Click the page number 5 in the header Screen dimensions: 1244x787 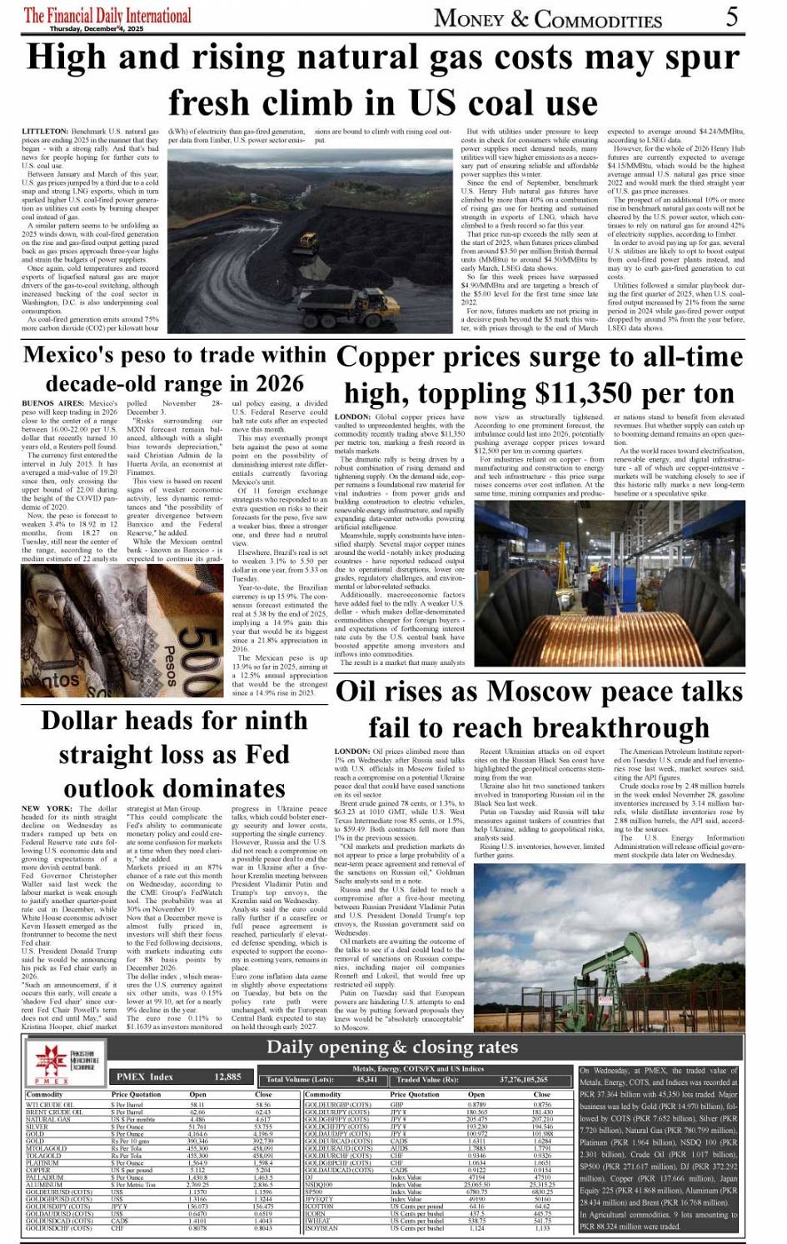731,16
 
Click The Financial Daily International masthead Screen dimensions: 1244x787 107,15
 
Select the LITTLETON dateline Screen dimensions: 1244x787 45,132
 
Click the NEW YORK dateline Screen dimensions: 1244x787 47,808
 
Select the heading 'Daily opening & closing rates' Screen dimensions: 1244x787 392,1047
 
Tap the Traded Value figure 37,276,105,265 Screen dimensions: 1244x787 524,1079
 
